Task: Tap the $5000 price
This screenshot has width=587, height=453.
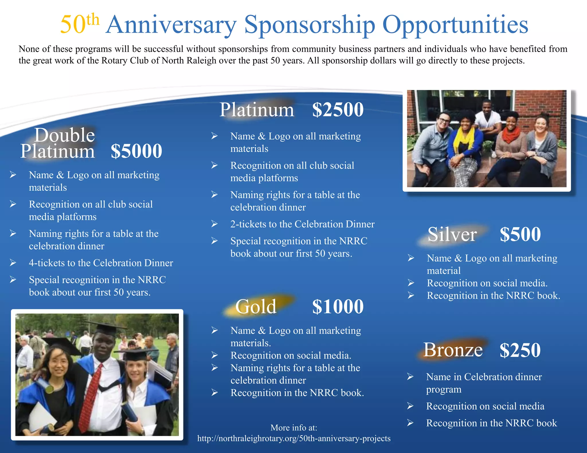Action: tap(136, 151)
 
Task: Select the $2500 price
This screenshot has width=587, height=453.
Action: tap(338, 109)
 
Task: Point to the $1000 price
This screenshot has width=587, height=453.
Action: tap(338, 307)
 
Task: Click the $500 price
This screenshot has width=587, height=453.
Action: tap(520, 234)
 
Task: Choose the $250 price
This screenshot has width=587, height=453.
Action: tap(520, 350)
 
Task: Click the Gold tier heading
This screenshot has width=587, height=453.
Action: tap(256, 307)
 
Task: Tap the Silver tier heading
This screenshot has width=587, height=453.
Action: tap(452, 234)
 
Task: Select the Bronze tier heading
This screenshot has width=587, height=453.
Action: tap(453, 350)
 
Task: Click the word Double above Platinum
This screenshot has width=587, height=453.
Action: tap(64, 135)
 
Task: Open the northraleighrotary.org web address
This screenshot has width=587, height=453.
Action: tap(294, 438)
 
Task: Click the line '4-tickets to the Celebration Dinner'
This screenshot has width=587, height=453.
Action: tap(101, 263)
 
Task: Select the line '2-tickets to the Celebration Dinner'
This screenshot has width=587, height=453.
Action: tap(302, 224)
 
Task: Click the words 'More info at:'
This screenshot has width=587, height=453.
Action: tap(294, 428)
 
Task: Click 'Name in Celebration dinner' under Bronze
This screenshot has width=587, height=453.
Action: tap(484, 377)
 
